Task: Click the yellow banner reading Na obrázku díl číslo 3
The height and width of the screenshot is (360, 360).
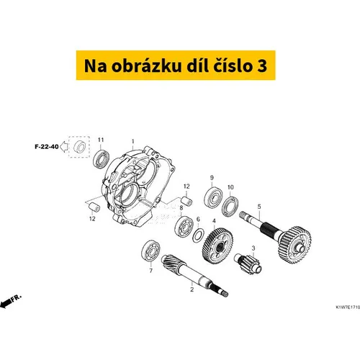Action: pos(176,65)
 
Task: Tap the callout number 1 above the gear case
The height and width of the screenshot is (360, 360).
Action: pos(133,142)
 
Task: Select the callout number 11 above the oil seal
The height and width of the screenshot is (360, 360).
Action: pos(101,140)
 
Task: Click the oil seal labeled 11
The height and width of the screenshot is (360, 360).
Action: pos(102,158)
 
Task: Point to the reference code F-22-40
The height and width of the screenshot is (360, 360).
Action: pos(47,146)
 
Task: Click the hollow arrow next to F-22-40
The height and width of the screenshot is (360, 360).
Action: pos(63,147)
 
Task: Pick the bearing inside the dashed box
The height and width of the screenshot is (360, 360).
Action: pos(79,147)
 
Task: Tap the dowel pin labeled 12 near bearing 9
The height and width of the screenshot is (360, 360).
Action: pos(186,201)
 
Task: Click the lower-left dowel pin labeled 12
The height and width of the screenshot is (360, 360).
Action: pos(94,207)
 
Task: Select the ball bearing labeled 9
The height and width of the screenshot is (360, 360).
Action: pos(213,197)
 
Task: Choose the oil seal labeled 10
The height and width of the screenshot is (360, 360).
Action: pos(230,206)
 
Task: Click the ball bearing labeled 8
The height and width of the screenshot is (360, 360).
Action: pos(184,226)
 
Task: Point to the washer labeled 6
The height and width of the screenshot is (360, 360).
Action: pos(199,235)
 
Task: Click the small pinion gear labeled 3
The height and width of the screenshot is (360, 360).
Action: pos(248,264)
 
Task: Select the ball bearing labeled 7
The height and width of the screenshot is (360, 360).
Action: pos(150,251)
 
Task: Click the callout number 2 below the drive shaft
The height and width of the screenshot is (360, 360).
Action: pos(192,289)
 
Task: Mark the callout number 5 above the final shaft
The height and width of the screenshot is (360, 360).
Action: pos(259,207)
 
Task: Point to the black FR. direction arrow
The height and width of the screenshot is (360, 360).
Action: pos(10,301)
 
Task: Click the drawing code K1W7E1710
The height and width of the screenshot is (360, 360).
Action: pos(348,307)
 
